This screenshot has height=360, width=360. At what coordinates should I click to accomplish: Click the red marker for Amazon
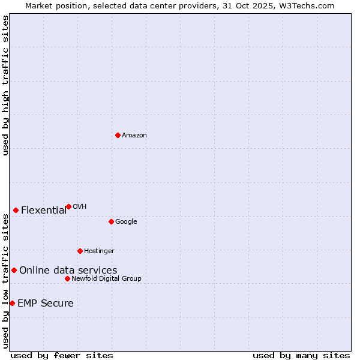pos(118,135)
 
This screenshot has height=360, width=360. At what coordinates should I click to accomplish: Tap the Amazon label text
pos(134,136)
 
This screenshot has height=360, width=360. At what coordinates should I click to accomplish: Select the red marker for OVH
pos(68,206)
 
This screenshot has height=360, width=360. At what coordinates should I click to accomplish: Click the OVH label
pos(80,207)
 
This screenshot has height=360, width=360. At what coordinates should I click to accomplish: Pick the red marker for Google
pos(111,221)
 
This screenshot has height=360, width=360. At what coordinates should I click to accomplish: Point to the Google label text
pos(126,222)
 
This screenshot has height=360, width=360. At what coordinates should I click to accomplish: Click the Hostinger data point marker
pos(80,251)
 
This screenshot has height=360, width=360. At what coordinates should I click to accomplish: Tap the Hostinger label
pos(99,251)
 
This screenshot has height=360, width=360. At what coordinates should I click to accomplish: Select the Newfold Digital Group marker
pos(67,278)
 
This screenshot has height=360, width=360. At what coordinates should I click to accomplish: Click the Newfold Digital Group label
pos(106,279)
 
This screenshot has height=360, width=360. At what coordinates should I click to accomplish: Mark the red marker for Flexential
pos(16,210)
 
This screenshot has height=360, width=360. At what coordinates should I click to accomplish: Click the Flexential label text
pos(44,211)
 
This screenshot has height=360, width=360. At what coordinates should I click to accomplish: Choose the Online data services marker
pos(14,270)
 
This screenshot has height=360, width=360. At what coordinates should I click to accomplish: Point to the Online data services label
pos(68,271)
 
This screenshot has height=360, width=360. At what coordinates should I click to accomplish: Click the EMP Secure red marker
pos(12,303)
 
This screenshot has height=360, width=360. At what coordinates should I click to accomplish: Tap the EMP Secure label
pos(46,304)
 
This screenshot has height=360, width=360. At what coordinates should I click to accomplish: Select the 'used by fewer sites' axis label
pos(62,356)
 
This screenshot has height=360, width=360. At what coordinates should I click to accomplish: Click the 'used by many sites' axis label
pos(301,356)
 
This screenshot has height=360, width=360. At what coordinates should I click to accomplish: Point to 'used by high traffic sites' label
pos(6,85)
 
